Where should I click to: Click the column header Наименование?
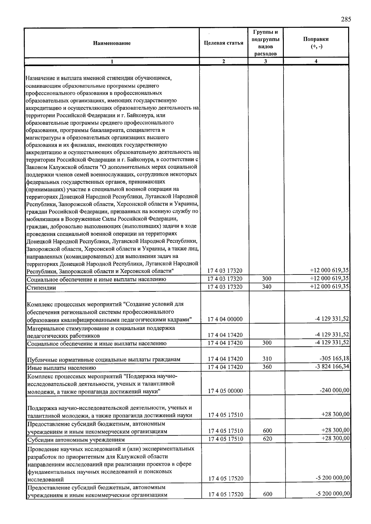tap(112, 43)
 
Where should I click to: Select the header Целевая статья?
tap(224, 43)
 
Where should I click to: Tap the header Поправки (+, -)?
tap(316, 43)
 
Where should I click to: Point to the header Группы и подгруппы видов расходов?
tap(266, 43)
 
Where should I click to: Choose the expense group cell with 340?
tap(267, 287)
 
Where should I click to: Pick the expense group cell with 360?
tap(267, 367)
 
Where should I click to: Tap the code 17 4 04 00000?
tap(225, 319)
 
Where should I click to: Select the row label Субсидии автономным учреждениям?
tap(76, 439)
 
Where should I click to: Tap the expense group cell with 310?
tap(267, 359)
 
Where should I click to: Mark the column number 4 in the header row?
tap(316, 61)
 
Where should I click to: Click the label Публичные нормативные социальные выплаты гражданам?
tap(104, 359)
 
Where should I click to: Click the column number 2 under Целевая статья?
tap(224, 61)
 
